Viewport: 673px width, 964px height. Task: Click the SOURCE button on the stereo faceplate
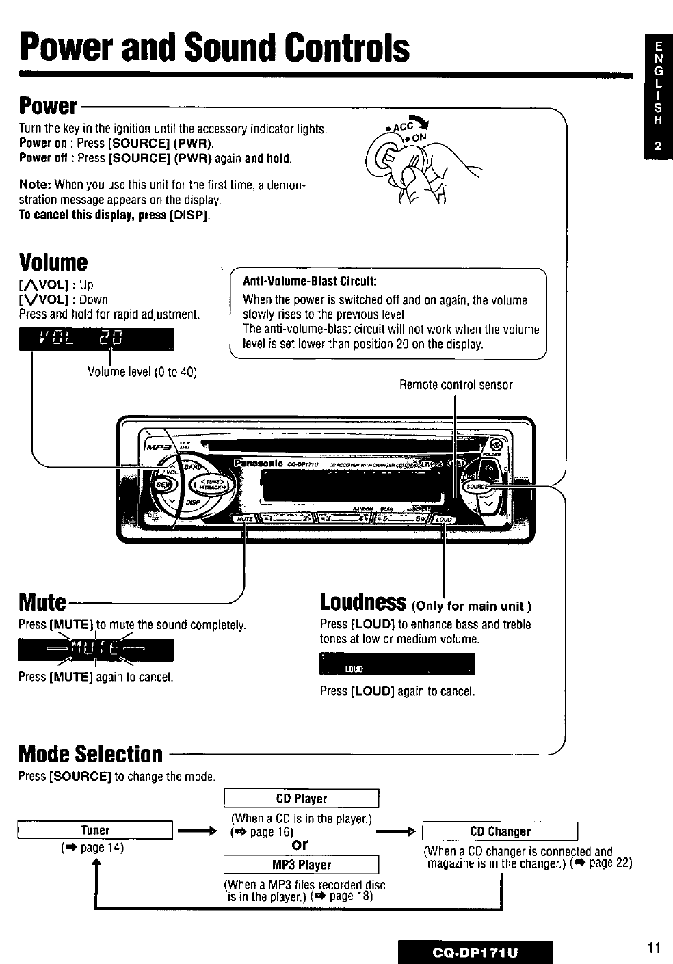point(476,486)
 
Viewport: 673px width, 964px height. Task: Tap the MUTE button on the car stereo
point(243,519)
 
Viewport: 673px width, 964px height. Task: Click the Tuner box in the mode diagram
point(96,831)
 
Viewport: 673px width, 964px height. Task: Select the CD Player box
point(301,799)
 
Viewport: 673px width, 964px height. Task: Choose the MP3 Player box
point(301,865)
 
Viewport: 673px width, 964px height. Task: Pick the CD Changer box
point(501,831)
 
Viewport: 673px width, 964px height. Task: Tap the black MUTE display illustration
point(96,649)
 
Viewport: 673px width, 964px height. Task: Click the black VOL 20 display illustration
point(96,340)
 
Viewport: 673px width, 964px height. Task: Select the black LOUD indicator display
point(397,664)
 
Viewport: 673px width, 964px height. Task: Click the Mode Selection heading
point(91,754)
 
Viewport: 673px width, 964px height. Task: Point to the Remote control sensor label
point(456,385)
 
